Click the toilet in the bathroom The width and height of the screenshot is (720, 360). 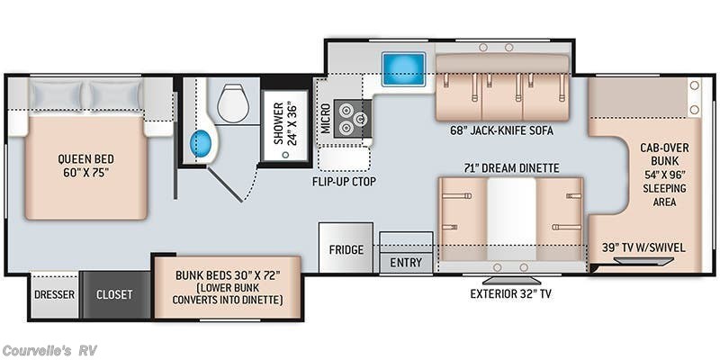[x=233, y=103]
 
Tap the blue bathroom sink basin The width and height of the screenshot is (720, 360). [x=201, y=144]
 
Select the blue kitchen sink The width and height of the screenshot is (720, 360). [x=403, y=69]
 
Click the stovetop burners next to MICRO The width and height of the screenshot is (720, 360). [x=353, y=118]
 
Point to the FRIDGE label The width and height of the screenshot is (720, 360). [x=346, y=250]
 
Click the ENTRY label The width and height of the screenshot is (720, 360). [x=406, y=263]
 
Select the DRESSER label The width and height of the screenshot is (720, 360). [x=54, y=294]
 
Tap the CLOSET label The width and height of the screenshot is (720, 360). [x=114, y=294]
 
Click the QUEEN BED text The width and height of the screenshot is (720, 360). [x=85, y=159]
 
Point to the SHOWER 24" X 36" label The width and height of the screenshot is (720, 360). [x=284, y=123]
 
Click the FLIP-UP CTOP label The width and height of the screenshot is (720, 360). [x=344, y=182]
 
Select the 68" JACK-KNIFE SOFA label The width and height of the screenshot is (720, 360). [x=501, y=130]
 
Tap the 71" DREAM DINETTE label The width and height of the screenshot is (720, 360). [x=511, y=168]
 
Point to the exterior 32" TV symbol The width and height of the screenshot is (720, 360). [x=510, y=281]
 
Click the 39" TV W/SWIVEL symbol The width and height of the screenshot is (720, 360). [x=643, y=261]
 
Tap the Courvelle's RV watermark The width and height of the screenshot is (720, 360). [x=49, y=351]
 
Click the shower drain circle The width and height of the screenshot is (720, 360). [x=285, y=155]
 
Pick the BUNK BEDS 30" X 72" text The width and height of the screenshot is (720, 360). [x=228, y=275]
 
